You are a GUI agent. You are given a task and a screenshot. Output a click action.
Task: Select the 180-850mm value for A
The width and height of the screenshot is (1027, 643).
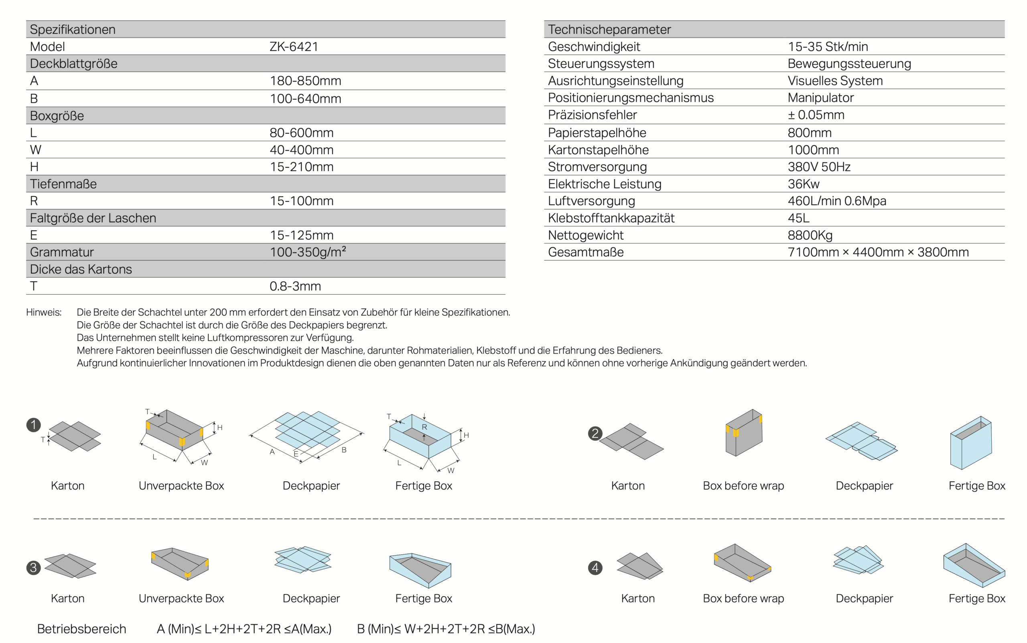[x=305, y=81]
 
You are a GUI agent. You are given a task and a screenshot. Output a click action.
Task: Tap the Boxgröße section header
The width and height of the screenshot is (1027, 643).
[x=57, y=116]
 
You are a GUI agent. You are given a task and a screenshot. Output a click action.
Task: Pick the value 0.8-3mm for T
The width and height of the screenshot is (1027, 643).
[x=295, y=286]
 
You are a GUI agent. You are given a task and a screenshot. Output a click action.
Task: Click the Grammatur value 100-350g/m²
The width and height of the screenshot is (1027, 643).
[x=308, y=252]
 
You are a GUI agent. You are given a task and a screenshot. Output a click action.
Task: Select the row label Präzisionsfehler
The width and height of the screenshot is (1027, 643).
[x=592, y=115]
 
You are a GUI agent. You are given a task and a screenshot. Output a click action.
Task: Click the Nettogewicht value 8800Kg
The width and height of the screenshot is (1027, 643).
[x=810, y=235]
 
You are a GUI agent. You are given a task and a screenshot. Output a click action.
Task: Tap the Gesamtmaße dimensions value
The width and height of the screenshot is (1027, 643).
[x=878, y=252]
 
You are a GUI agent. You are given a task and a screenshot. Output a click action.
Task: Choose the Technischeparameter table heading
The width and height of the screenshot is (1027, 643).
[x=609, y=29]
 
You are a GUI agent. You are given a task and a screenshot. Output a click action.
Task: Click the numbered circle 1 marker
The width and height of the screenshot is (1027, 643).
[x=34, y=425]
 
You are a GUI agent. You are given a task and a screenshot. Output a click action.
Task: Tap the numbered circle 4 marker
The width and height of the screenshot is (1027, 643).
[x=595, y=568]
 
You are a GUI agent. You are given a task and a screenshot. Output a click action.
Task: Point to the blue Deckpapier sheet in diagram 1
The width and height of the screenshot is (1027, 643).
[x=307, y=429]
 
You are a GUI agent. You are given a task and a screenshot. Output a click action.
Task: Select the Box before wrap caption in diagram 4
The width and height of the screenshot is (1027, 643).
[x=743, y=598]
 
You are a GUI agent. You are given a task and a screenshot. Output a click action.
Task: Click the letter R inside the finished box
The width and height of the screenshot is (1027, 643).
[x=424, y=427]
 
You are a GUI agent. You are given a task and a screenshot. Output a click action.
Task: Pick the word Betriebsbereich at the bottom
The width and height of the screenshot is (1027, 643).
[x=81, y=629]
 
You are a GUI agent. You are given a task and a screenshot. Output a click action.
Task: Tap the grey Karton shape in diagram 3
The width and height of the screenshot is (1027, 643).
[x=70, y=566]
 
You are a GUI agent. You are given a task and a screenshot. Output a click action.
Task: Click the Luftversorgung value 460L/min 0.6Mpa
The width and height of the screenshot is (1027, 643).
[x=836, y=201]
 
